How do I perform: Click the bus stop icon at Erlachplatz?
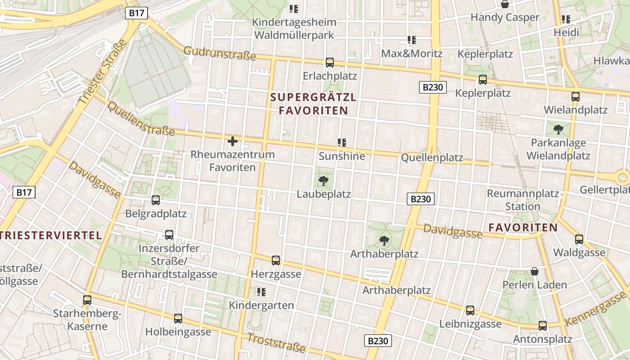tap(330, 63)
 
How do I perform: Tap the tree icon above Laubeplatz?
tap(323, 181)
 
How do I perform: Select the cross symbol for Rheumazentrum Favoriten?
tap(233, 142)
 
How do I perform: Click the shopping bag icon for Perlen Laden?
tap(535, 271)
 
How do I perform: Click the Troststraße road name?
tap(276, 342)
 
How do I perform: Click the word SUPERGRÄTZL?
tap(314, 97)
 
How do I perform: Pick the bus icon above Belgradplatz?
tap(156, 200)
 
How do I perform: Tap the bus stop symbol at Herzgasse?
tap(276, 261)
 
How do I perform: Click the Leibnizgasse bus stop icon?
tap(470, 310)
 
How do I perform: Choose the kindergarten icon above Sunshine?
tap(342, 143)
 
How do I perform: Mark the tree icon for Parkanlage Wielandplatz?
tap(558, 130)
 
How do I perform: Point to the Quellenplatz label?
tap(432, 157)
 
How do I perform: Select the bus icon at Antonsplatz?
tap(543, 326)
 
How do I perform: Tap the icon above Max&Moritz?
tap(412, 40)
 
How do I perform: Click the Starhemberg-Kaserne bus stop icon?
tap(87, 300)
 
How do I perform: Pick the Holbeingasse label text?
tap(178, 332)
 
